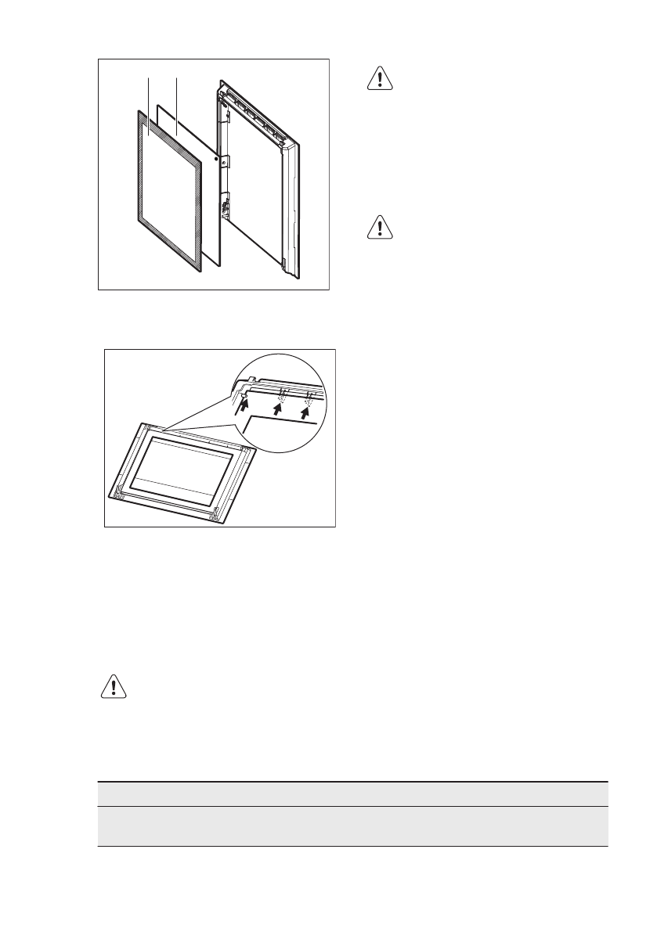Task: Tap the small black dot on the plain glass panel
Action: [x=215, y=157]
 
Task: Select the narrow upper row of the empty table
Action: [x=352, y=794]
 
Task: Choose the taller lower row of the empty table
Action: [x=352, y=826]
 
